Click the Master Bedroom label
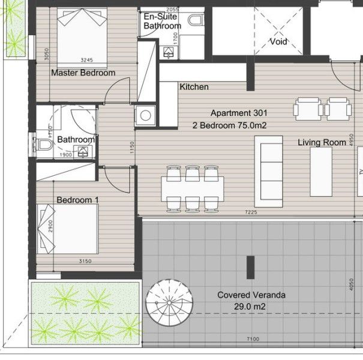tap(83, 73)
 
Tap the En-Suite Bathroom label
tap(162, 22)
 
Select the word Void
tap(278, 42)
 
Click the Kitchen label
tap(194, 87)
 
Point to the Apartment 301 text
tap(239, 113)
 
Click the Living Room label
tap(322, 142)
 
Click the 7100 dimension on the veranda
tap(253, 339)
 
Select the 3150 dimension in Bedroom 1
tap(89, 261)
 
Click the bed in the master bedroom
tap(82, 35)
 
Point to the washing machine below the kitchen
tap(145, 115)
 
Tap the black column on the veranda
tap(250, 263)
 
